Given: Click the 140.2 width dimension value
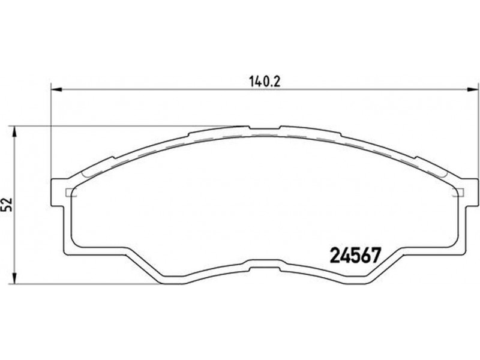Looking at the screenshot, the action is [264, 82].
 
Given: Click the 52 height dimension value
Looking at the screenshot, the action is [7, 204].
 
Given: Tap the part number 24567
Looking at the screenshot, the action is [355, 256].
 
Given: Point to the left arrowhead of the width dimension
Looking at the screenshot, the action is [56, 89].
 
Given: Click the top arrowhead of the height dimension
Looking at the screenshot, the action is [14, 132].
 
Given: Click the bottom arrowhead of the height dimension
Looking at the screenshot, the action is [14, 278].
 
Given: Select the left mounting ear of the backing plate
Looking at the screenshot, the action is [58, 192].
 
